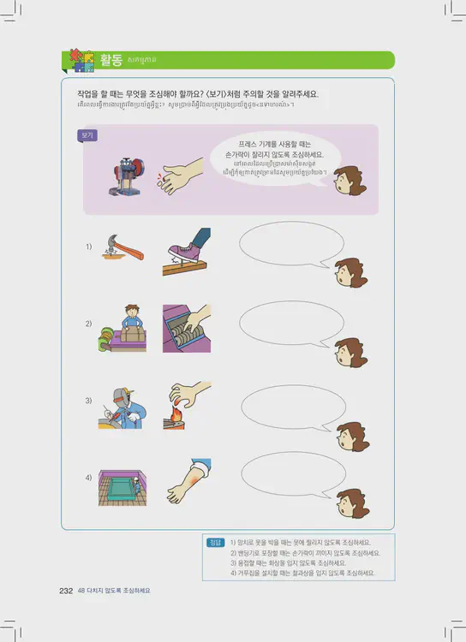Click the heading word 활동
(x=111, y=60)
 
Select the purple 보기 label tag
(x=87, y=135)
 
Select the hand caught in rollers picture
(x=186, y=326)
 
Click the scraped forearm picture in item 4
(x=186, y=481)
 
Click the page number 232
(x=65, y=591)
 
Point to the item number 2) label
(x=88, y=324)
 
